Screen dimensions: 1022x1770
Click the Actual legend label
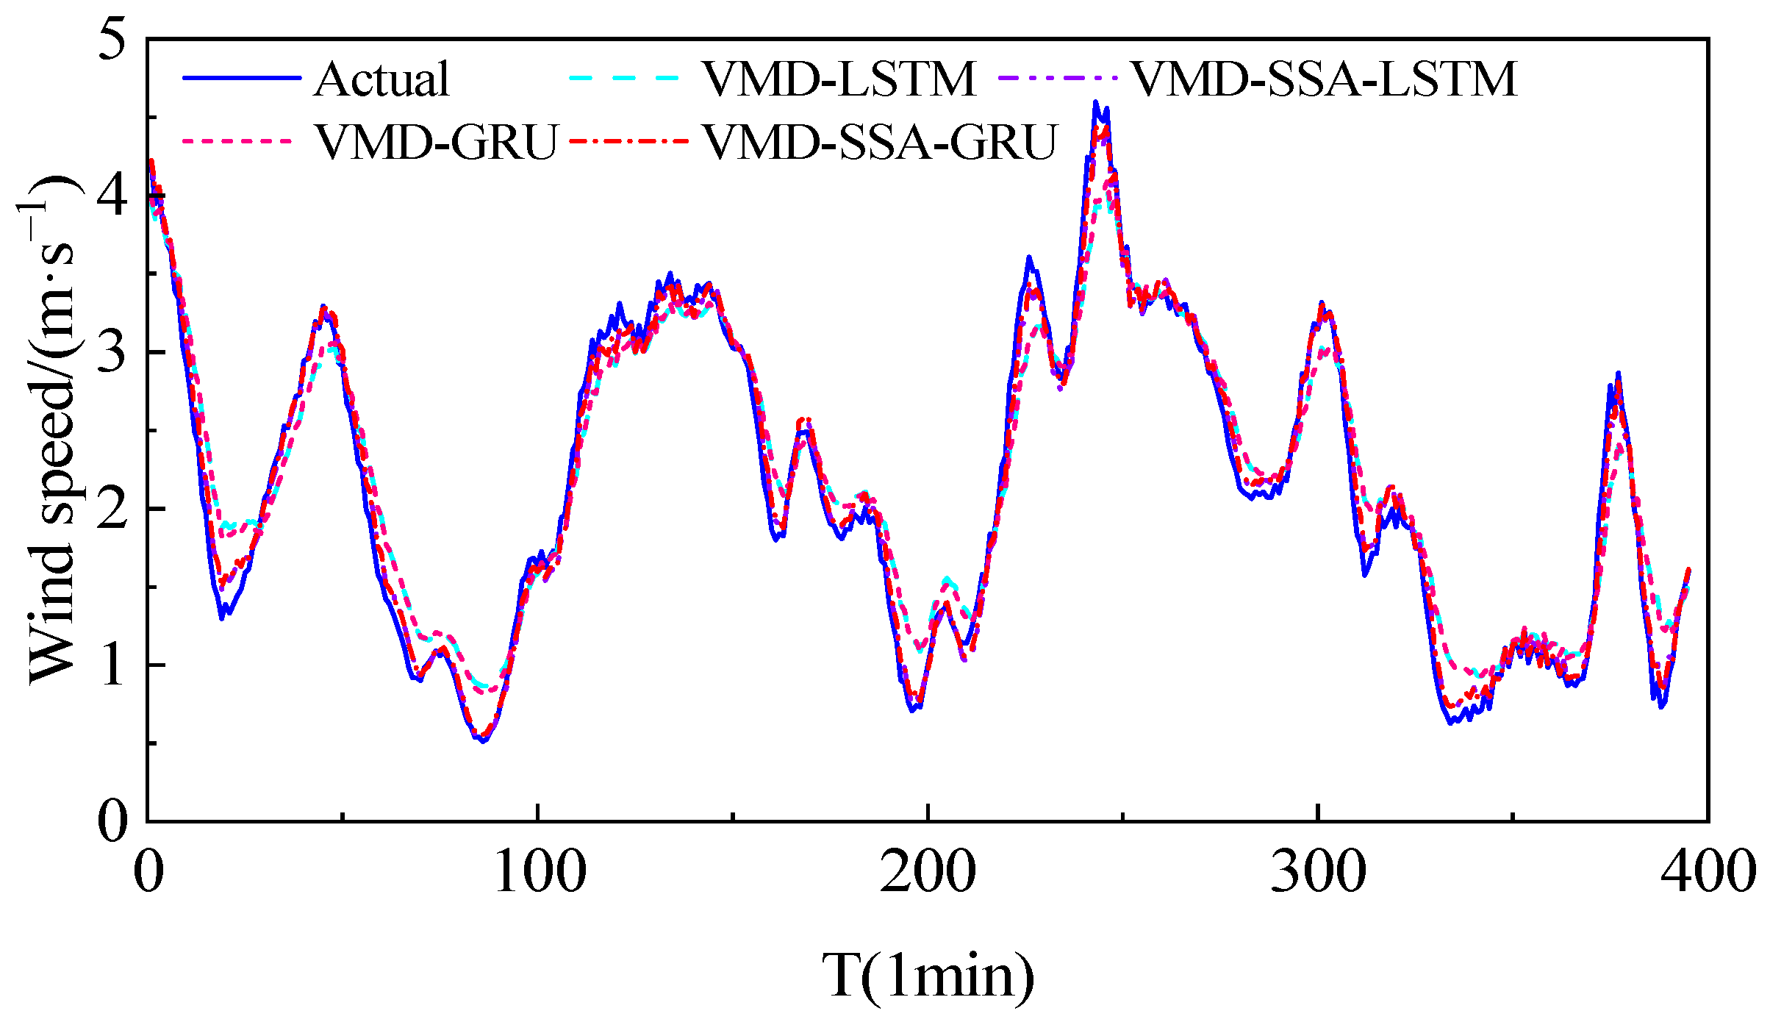[x=381, y=79]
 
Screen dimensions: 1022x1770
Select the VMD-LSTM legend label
[x=839, y=79]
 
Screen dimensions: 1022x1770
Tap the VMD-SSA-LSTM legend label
[x=1324, y=79]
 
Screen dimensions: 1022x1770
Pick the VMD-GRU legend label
[x=437, y=141]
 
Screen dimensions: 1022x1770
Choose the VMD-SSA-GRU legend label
[x=880, y=141]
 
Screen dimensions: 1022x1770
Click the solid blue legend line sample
[x=242, y=77]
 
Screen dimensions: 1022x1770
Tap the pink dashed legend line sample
[x=237, y=140]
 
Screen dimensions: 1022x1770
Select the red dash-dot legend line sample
[x=629, y=140]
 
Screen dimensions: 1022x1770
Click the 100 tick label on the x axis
[x=539, y=872]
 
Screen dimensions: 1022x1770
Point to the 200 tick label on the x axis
[x=928, y=872]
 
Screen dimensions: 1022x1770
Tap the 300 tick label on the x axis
[x=1319, y=872]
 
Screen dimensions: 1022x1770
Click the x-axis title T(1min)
[x=928, y=976]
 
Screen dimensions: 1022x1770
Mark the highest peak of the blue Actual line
[x=1095, y=102]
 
